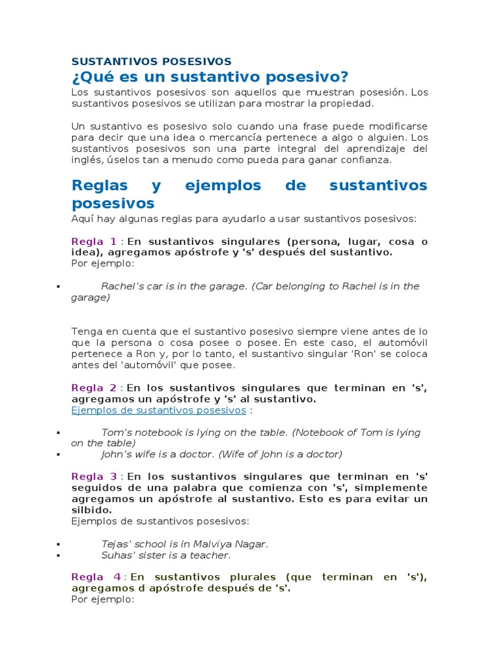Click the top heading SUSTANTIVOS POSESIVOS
click(x=151, y=61)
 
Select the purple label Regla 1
click(x=94, y=242)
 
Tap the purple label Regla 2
click(x=94, y=388)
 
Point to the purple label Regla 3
click(x=94, y=477)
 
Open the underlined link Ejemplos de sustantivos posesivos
click(x=158, y=410)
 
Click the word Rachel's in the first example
click(x=121, y=287)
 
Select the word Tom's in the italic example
click(x=116, y=433)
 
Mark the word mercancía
click(x=260, y=137)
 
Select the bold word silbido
click(x=91, y=510)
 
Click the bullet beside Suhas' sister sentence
click(x=59, y=556)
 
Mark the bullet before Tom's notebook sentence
click(x=59, y=433)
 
